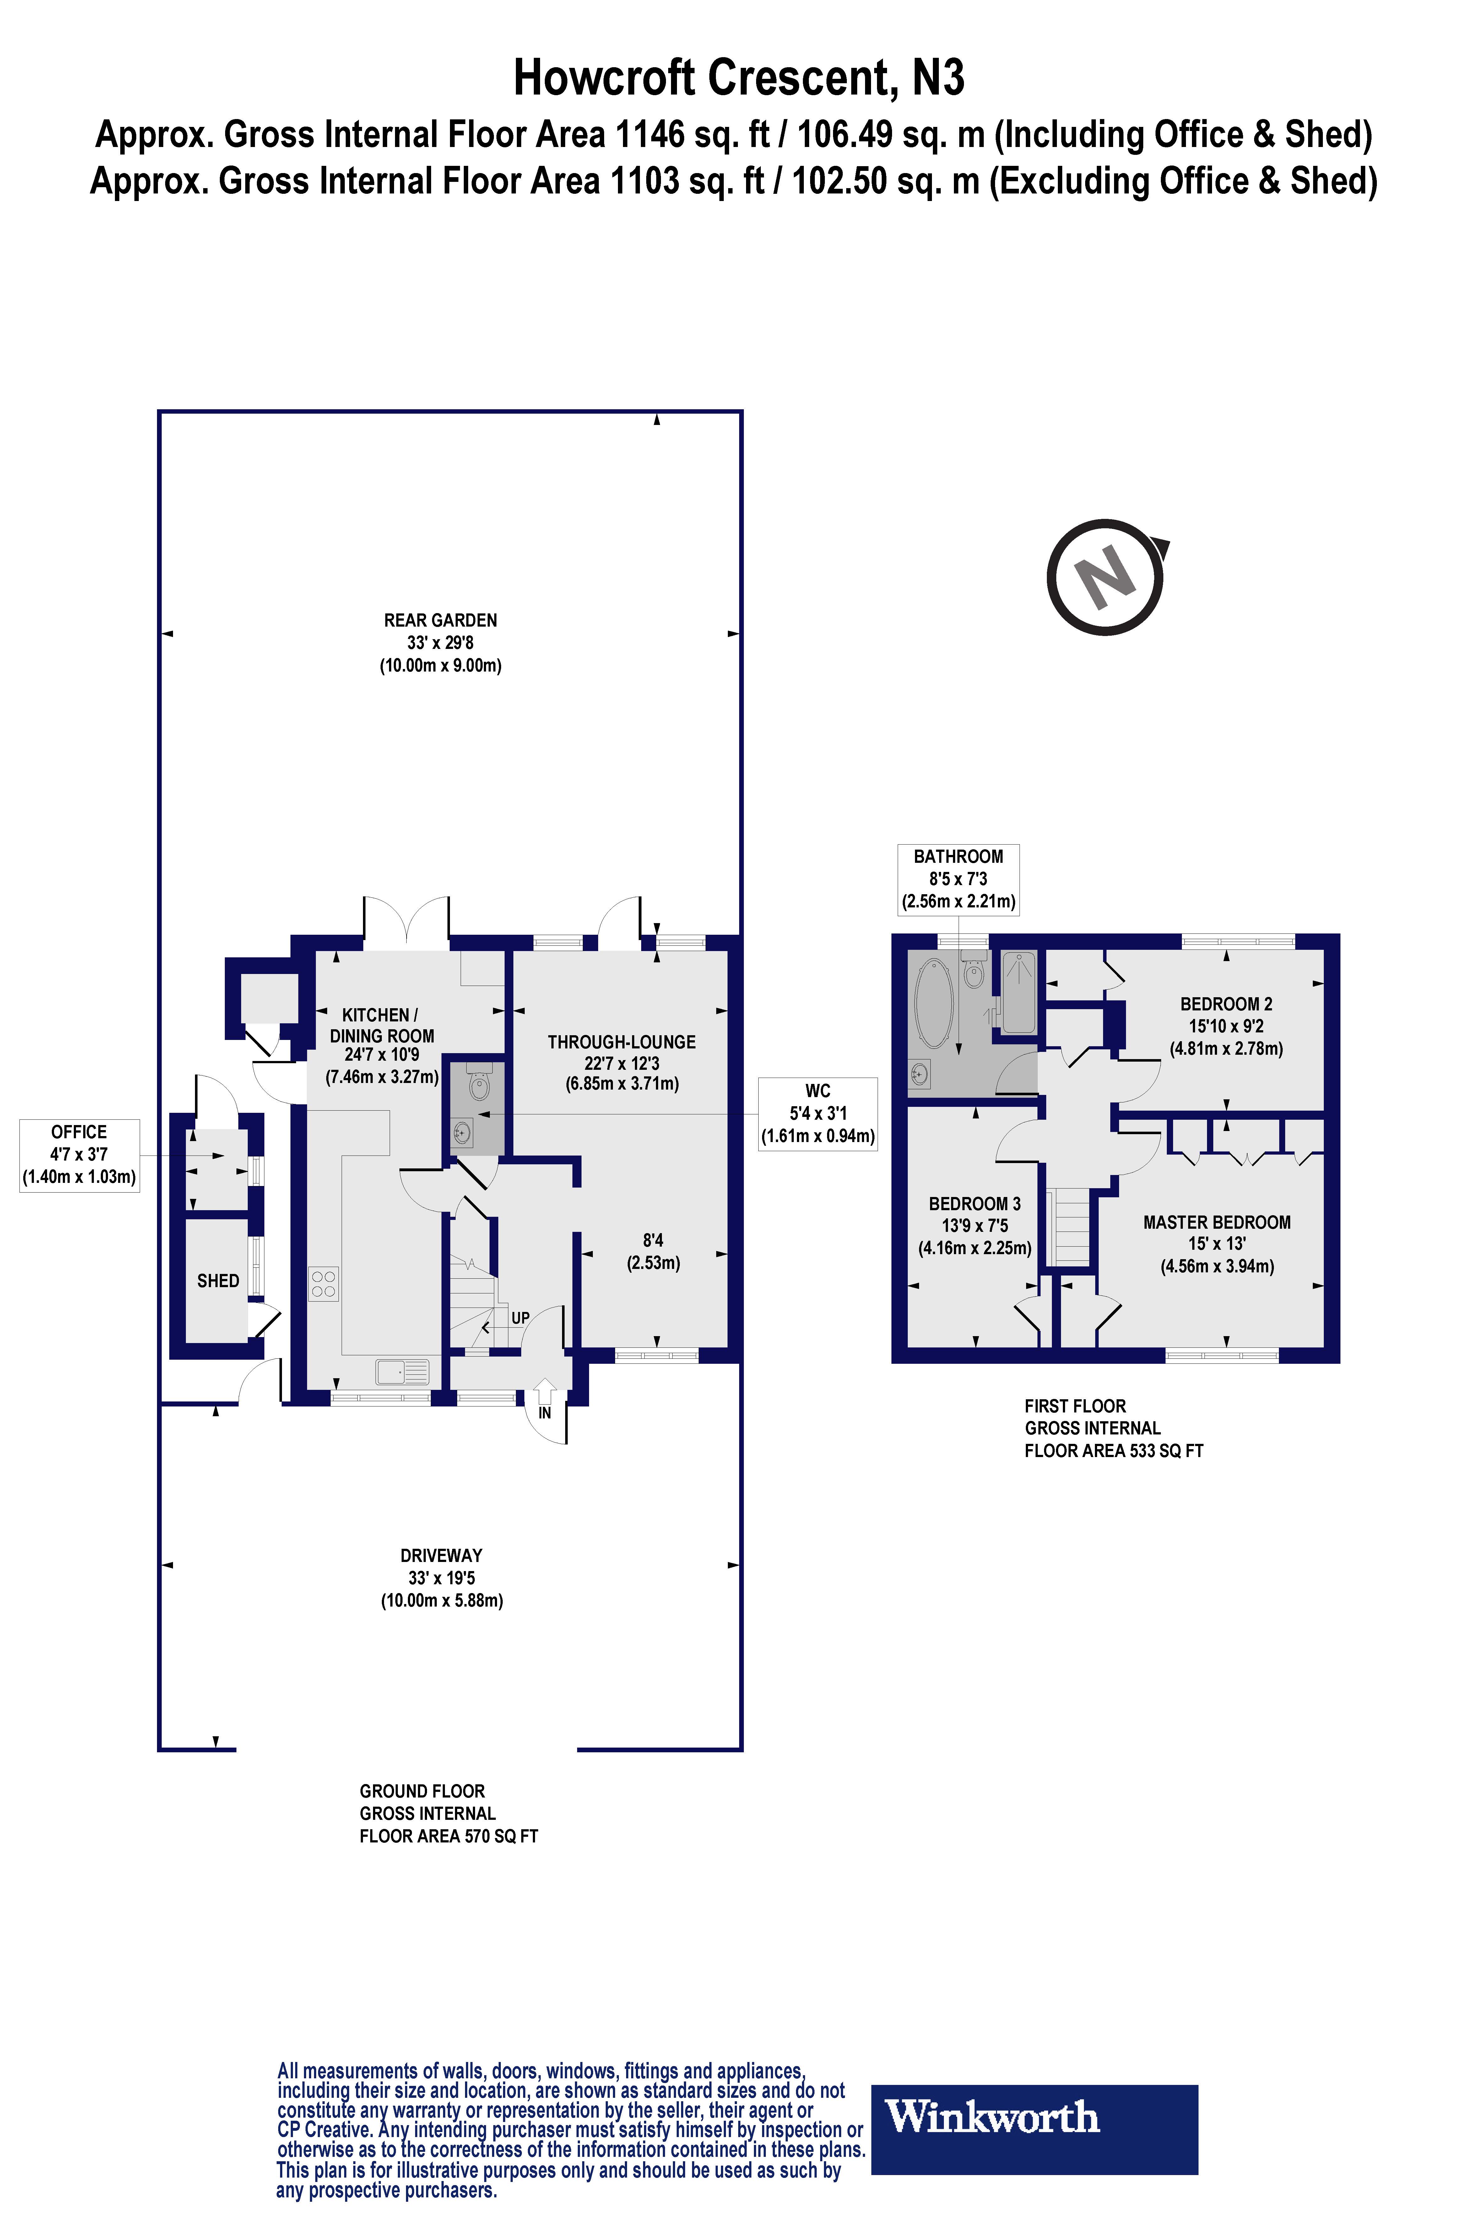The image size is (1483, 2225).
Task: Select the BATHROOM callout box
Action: click(958, 879)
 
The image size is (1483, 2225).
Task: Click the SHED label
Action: click(218, 1281)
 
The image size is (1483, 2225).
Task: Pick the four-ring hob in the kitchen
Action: click(323, 1284)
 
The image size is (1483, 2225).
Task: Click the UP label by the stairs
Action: click(520, 1318)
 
